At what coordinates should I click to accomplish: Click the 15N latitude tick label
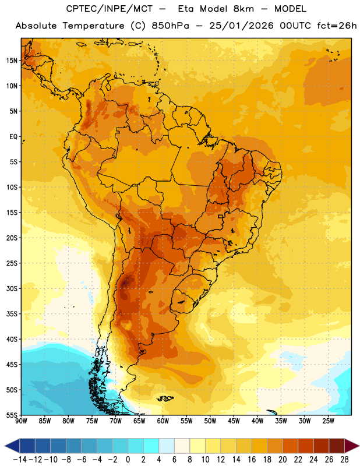click(12, 61)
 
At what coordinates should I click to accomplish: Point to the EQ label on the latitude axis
click(13, 137)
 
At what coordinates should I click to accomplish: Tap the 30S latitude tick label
click(12, 288)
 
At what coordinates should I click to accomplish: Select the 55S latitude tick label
click(12, 415)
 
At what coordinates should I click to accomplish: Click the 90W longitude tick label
click(21, 421)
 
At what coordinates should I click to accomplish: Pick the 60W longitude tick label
click(163, 421)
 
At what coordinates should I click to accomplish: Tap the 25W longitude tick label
click(328, 421)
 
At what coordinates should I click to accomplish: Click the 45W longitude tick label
click(234, 421)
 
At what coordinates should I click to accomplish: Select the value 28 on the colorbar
click(344, 460)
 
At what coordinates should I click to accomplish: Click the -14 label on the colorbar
click(20, 460)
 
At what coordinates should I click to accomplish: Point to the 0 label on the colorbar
click(128, 460)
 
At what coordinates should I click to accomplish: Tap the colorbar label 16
click(252, 460)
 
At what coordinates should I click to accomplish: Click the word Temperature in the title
click(93, 26)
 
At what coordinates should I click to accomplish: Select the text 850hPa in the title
click(170, 26)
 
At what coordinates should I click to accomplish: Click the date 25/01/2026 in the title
click(241, 26)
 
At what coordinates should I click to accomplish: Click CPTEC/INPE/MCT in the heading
click(110, 9)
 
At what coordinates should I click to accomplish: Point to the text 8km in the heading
click(243, 9)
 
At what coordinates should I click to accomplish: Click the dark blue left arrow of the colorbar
click(12, 446)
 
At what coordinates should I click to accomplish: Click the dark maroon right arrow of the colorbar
click(352, 446)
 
